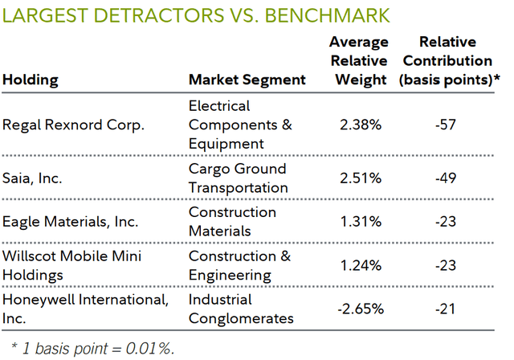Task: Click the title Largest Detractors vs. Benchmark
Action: (x=197, y=14)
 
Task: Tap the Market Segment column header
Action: (x=247, y=80)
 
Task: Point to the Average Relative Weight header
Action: (x=358, y=61)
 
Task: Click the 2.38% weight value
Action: (x=359, y=125)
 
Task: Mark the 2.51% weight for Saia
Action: (x=359, y=178)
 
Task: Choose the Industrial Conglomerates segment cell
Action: (x=240, y=309)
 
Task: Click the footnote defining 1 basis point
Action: (x=91, y=347)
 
